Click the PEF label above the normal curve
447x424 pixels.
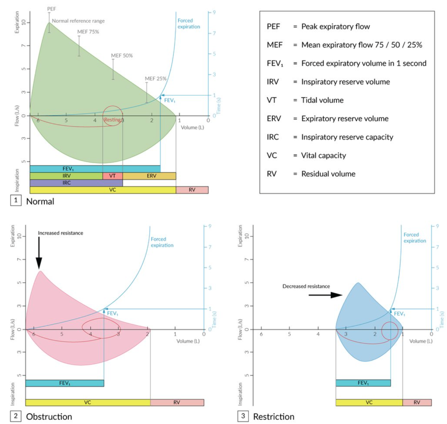click(52, 9)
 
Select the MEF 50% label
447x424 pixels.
click(122, 56)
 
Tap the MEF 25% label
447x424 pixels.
click(155, 79)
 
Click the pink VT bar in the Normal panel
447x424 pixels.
click(113, 176)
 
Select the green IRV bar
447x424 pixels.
click(66, 176)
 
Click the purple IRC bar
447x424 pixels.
click(76, 183)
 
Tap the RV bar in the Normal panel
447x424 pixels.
click(192, 190)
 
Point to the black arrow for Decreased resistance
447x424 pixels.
click(325, 295)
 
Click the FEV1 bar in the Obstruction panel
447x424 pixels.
click(65, 383)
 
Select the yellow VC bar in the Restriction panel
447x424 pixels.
click(369, 403)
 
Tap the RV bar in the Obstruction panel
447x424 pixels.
click(177, 403)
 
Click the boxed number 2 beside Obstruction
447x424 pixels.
click(15, 416)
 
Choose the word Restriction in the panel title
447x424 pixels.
click(273, 417)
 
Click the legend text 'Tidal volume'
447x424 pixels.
click(322, 100)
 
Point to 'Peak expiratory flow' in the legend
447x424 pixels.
click(335, 26)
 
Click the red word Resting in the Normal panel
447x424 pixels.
click(112, 120)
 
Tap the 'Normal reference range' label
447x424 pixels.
click(78, 21)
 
